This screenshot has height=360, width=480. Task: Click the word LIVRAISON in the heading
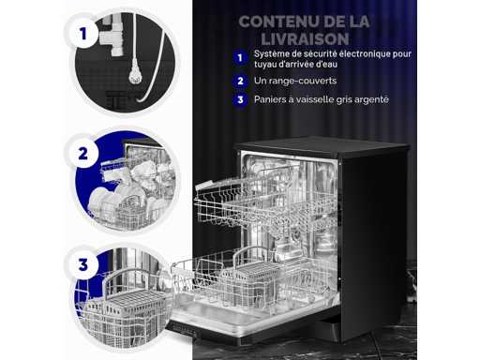(x=305, y=39)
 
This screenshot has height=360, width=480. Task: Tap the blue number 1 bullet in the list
(x=240, y=58)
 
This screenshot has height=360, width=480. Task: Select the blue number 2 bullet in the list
(x=240, y=81)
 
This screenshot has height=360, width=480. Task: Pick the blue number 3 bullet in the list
(x=240, y=99)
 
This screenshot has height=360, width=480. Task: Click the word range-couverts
(x=303, y=81)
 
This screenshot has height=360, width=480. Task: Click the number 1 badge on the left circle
(x=82, y=34)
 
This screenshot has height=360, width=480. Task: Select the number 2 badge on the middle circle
(x=82, y=154)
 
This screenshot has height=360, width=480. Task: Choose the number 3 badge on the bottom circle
(x=82, y=265)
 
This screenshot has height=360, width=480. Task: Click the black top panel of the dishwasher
(x=322, y=146)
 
